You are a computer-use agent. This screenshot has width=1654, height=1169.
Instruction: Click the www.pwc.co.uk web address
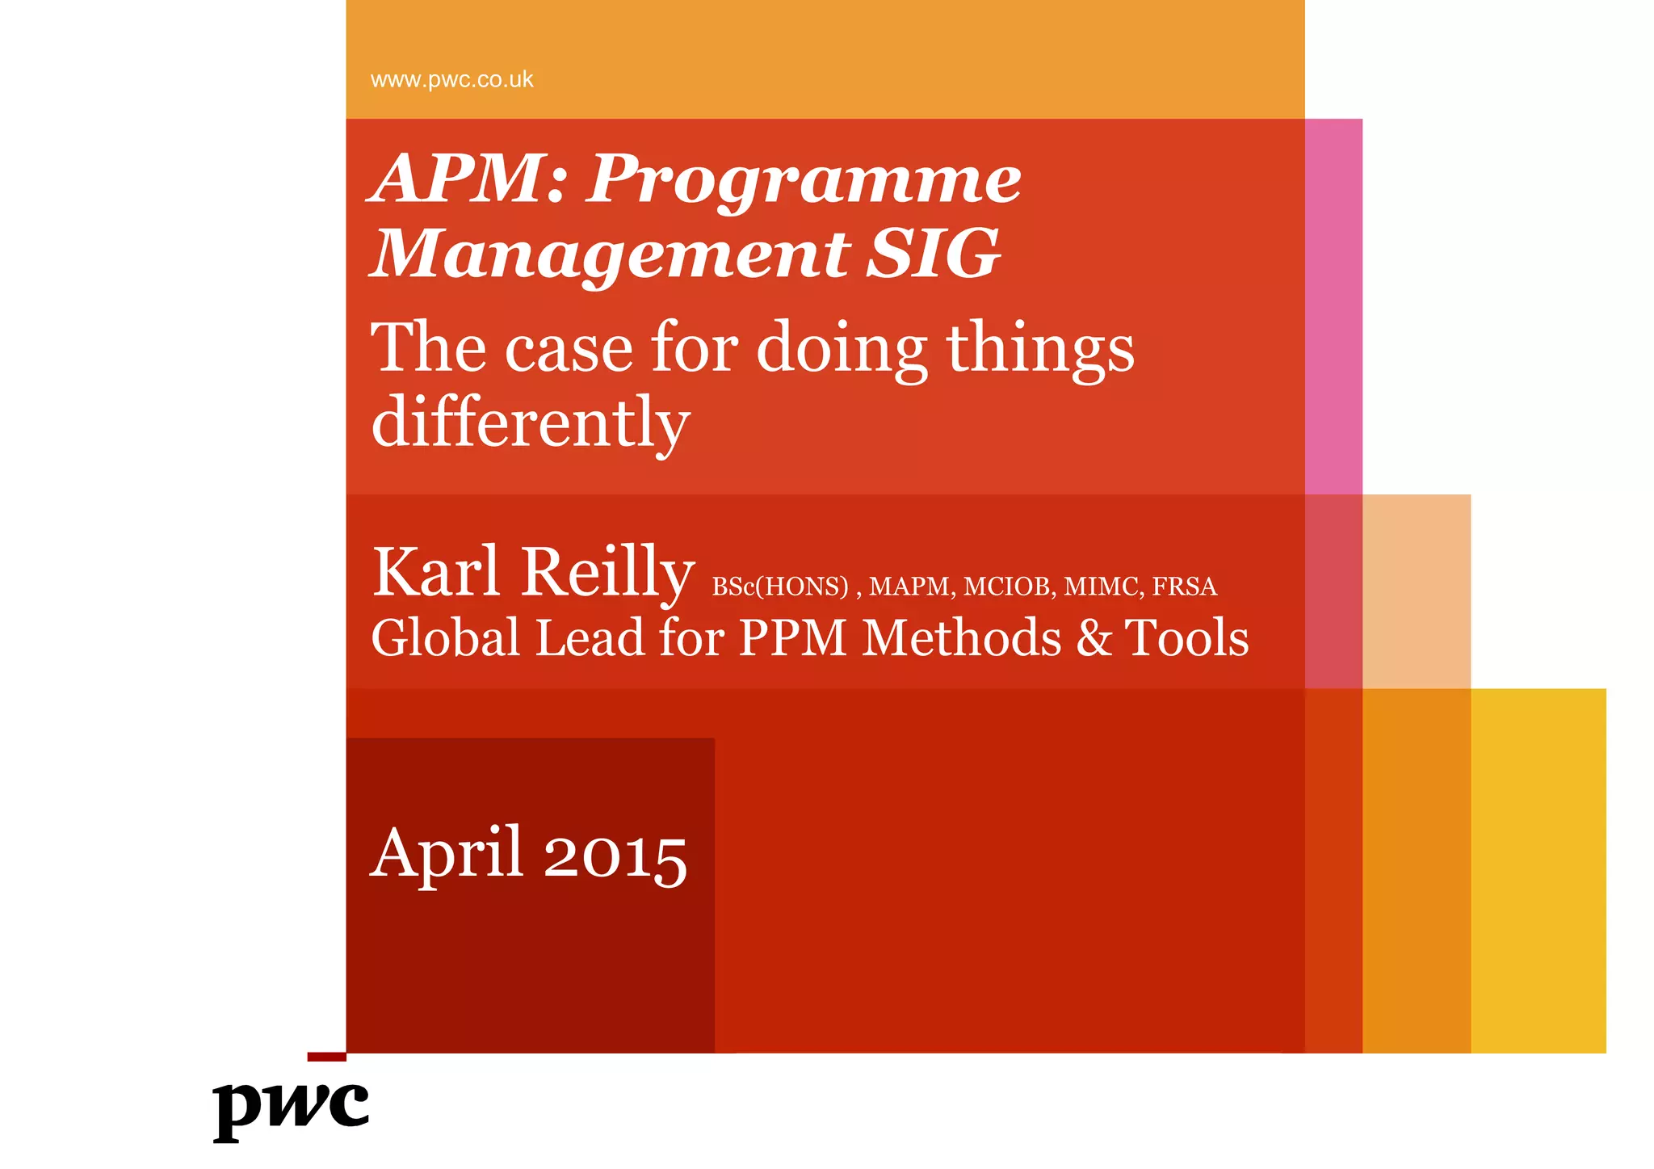coord(451,80)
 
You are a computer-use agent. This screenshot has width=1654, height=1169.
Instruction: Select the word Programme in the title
coord(804,182)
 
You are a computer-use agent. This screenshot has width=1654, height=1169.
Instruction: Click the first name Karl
coord(436,572)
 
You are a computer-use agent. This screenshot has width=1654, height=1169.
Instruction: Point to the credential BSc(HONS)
coord(780,587)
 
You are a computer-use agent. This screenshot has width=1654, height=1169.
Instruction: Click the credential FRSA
coord(1184,587)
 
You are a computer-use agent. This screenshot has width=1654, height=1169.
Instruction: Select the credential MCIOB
coord(1009,587)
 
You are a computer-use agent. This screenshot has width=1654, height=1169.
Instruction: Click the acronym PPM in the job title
coord(792,638)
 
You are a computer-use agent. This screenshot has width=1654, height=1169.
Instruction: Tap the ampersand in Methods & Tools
coord(1094,638)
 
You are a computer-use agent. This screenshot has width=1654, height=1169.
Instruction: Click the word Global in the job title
coord(445,638)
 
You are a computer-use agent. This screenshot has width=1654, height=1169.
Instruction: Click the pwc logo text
coord(291,1108)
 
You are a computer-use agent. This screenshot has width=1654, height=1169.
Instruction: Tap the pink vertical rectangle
coord(1333,307)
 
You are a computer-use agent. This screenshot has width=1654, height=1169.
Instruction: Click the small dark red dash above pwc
coord(326,1057)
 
